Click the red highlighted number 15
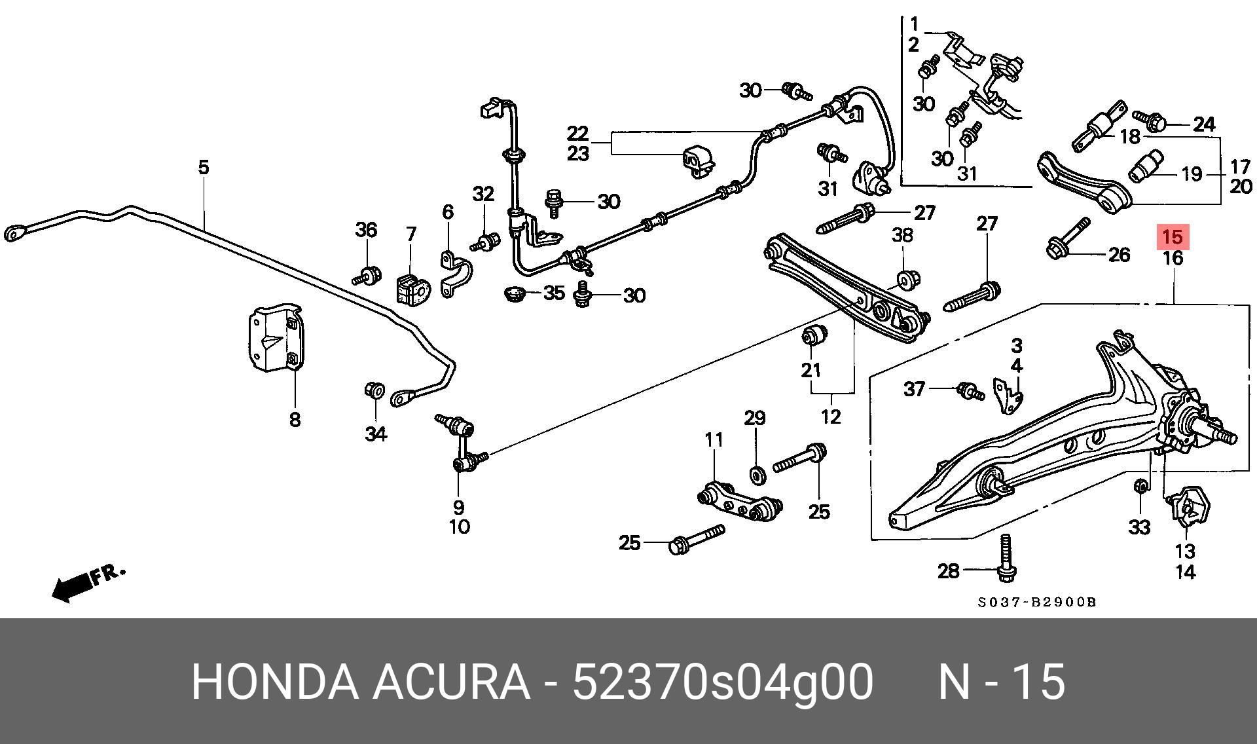click(1173, 236)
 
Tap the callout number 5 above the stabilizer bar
click(204, 167)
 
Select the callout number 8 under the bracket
click(295, 419)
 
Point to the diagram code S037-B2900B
click(1037, 602)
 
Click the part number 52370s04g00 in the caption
click(722, 682)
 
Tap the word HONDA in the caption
click(274, 682)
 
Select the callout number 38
click(903, 235)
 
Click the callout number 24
click(1204, 124)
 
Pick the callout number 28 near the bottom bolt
click(949, 571)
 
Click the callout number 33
click(1140, 527)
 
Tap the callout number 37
click(915, 389)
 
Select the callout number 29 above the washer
click(755, 418)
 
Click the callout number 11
click(714, 439)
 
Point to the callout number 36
click(366, 230)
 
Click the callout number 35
click(554, 293)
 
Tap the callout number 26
click(1119, 254)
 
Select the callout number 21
click(811, 370)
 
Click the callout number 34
click(376, 434)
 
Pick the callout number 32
click(483, 194)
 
